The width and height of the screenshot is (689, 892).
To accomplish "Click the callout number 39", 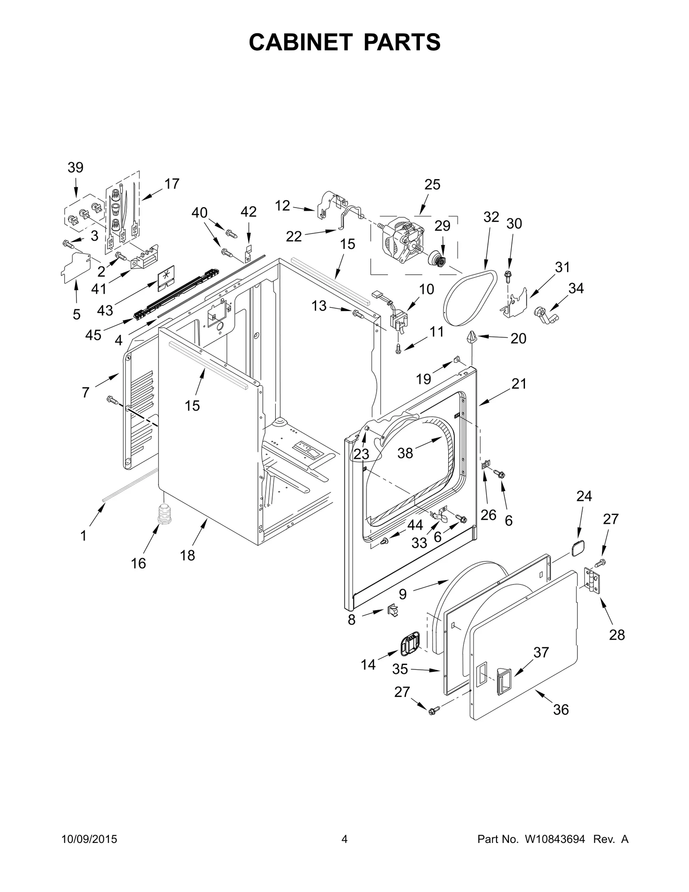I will click(x=75, y=168).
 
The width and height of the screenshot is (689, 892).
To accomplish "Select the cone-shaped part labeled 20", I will click(x=472, y=336).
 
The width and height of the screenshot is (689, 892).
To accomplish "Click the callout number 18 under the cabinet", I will click(x=187, y=556).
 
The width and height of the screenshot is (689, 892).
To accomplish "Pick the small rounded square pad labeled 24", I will click(x=577, y=547).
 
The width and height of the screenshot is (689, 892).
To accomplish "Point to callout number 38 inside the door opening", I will click(x=405, y=453).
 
